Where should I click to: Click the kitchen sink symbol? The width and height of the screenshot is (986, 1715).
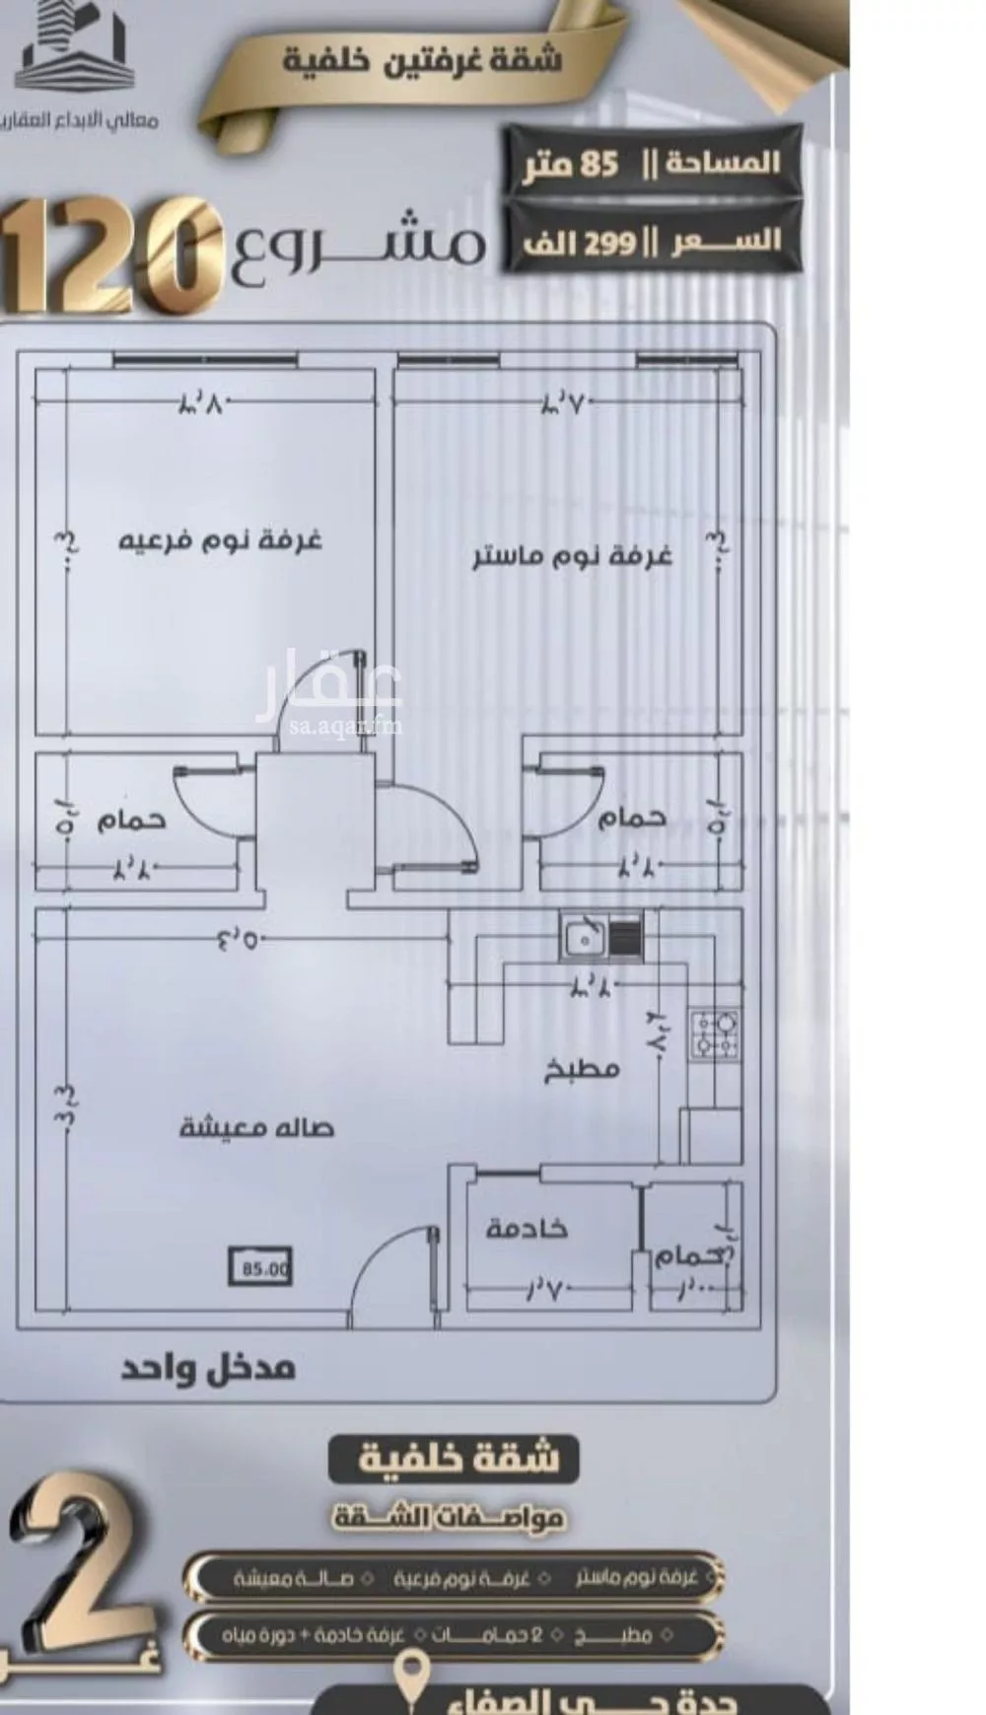tap(585, 938)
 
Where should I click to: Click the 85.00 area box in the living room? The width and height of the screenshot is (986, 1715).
tap(261, 1268)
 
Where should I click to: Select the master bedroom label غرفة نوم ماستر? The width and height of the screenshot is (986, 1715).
tap(572, 556)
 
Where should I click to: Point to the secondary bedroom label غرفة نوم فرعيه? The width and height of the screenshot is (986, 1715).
tap(220, 541)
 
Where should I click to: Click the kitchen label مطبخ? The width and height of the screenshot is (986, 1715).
tap(582, 1069)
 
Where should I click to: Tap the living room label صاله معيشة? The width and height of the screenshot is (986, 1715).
tap(256, 1127)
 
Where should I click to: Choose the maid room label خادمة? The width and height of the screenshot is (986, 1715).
tap(527, 1229)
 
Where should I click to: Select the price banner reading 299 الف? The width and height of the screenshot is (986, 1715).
tap(652, 240)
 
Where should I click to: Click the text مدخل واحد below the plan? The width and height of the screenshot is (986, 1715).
tap(208, 1369)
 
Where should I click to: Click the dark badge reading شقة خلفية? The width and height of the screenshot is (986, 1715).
tap(455, 1458)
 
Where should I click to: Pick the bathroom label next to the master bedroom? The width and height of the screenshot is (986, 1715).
tap(632, 818)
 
